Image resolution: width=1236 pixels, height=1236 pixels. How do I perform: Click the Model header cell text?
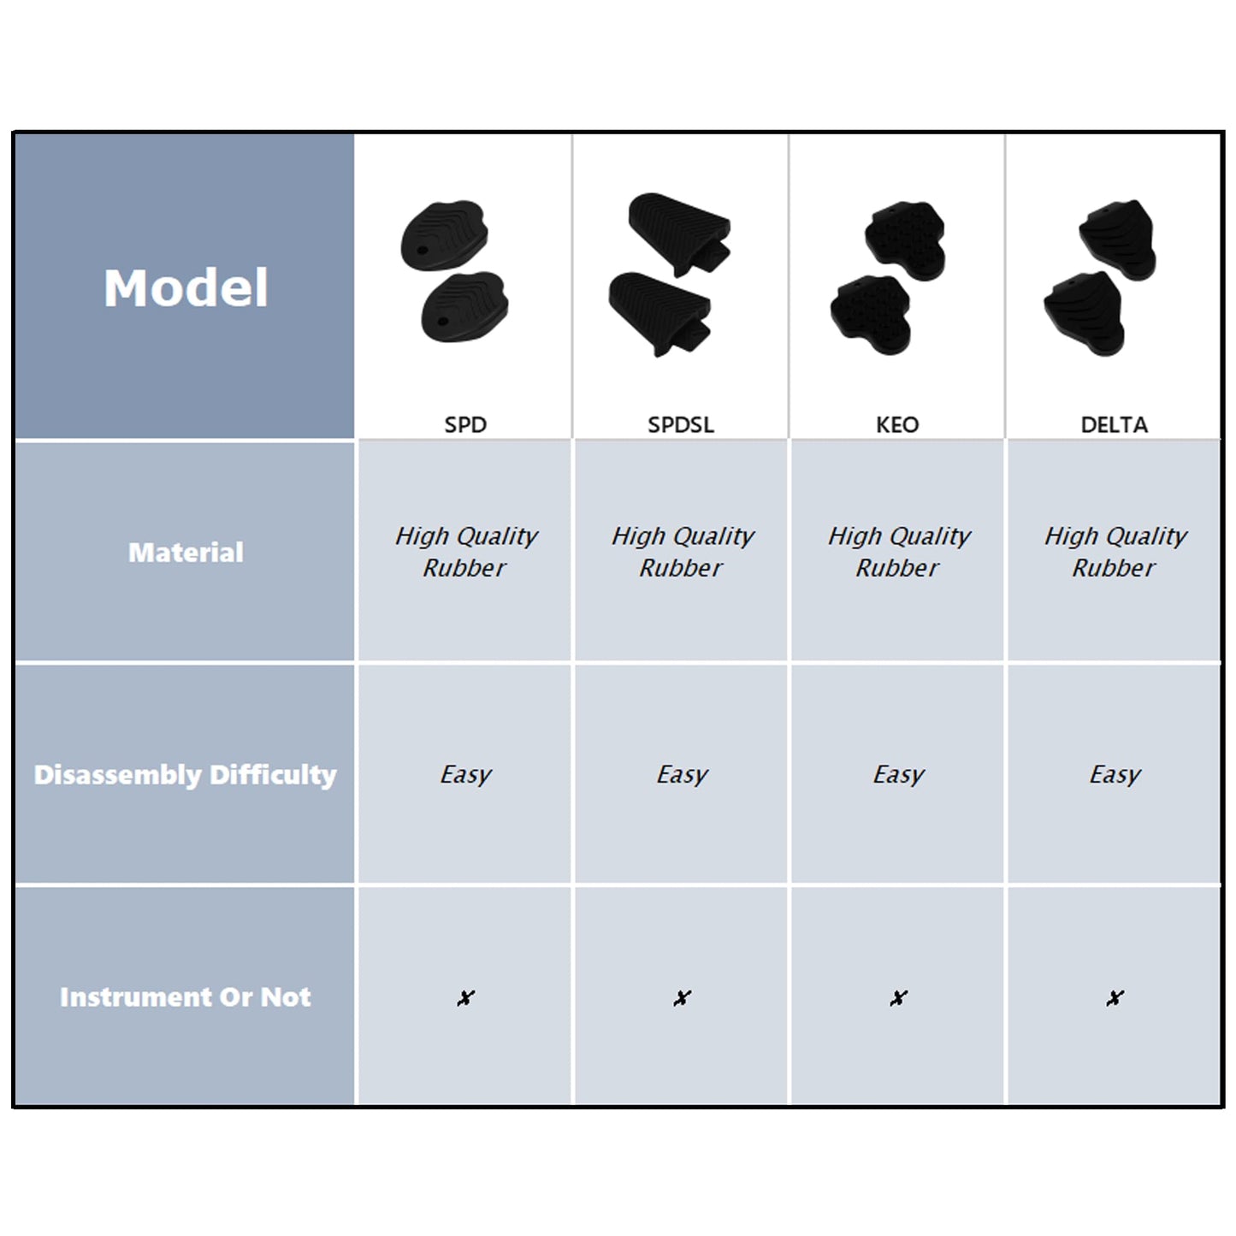pos(186,288)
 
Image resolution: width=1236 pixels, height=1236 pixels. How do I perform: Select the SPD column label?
pos(465,424)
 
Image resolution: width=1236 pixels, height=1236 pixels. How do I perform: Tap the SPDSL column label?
pos(681,424)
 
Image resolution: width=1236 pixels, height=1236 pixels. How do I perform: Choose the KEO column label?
pos(897,424)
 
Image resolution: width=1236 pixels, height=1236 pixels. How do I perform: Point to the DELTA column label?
pos(1115,424)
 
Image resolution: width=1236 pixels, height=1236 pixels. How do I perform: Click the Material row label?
pos(186,553)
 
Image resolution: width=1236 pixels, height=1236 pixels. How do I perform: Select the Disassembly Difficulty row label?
pos(186,775)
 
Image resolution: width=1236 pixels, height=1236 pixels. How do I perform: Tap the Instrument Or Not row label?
pos(186,996)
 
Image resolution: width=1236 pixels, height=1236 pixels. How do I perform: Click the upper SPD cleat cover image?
pos(445,235)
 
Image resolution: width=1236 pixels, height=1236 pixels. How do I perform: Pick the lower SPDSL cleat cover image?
pos(660,314)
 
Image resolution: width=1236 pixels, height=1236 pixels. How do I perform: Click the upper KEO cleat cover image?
pos(905,240)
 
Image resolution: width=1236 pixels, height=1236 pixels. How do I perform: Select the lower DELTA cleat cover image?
pos(1084,314)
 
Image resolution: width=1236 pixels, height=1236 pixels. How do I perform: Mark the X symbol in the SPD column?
pos(465,997)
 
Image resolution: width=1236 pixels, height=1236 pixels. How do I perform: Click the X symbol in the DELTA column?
pos(1115,997)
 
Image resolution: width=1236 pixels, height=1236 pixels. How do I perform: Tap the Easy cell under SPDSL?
pos(682,775)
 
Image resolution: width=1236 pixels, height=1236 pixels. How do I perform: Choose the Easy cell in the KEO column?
pos(898,775)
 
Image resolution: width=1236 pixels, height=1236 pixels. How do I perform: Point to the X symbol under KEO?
pos(899,997)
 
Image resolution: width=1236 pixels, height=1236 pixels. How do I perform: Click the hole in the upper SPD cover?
pos(422,250)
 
